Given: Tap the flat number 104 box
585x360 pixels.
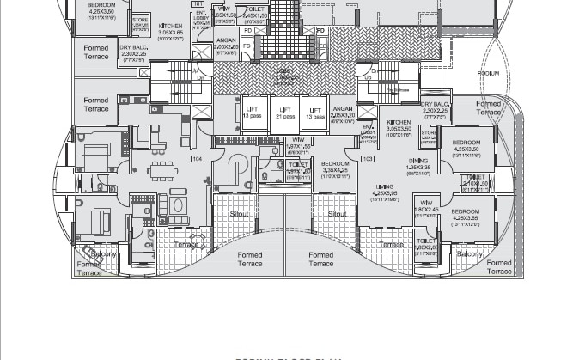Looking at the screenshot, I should [198, 159].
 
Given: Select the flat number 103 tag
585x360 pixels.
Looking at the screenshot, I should [368, 159].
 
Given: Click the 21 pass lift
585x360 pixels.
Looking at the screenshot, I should [285, 113].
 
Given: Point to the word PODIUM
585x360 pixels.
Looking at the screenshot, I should [488, 74].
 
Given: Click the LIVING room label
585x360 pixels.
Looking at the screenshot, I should [384, 190].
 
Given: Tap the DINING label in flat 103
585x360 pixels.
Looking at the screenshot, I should [418, 164].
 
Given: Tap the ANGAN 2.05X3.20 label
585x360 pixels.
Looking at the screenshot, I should [343, 113].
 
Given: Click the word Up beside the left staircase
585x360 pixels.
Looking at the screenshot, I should [197, 71].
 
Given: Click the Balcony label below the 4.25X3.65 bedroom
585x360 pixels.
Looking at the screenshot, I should [470, 254].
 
